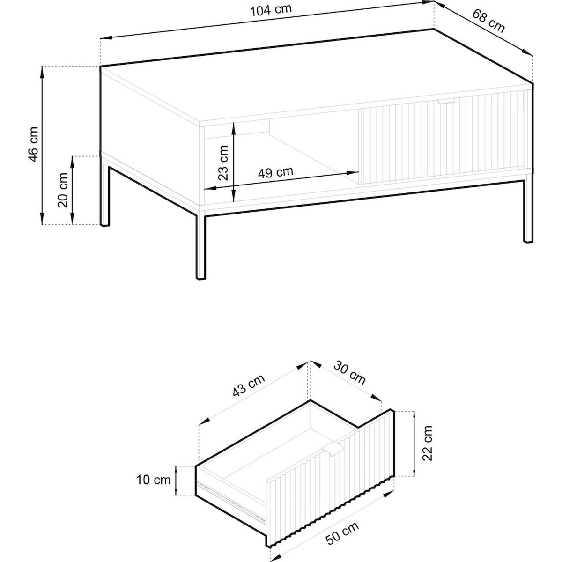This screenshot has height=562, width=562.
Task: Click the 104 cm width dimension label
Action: click(271, 10)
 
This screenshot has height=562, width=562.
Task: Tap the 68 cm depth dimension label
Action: click(488, 21)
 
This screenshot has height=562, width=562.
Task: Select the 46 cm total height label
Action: click(34, 144)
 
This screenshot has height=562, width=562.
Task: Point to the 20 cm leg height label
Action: click(63, 190)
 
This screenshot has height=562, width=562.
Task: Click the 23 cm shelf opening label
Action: click(223, 163)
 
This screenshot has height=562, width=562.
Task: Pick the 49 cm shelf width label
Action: click(275, 172)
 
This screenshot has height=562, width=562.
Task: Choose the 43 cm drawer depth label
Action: click(249, 385)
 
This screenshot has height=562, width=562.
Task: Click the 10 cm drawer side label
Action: click(154, 480)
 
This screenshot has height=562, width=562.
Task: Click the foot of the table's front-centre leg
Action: click(200, 277)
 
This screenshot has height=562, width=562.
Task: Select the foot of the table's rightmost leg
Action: click(528, 240)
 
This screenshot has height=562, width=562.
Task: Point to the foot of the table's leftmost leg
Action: click(105, 225)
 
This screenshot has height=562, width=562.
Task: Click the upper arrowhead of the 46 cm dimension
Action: click(42, 72)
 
